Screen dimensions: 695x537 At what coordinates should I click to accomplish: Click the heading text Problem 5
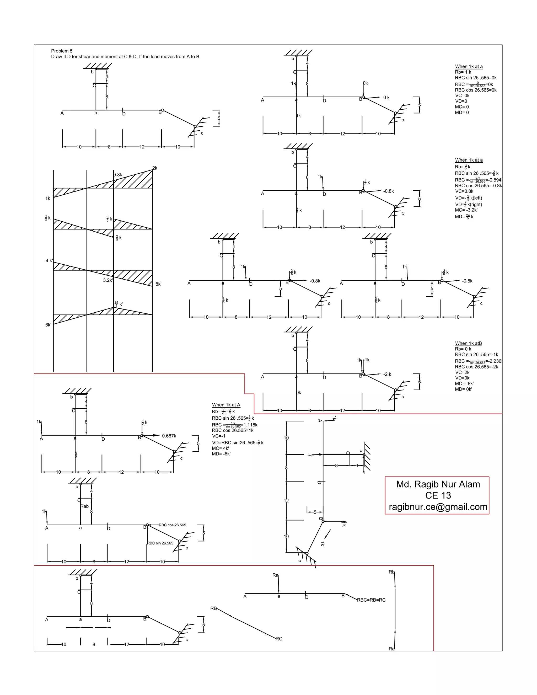[x=62, y=51]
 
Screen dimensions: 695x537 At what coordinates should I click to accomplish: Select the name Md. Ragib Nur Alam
[x=438, y=484]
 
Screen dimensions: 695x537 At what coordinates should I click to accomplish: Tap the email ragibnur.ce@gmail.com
[x=438, y=507]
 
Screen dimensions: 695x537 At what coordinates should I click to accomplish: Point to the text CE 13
[x=438, y=495]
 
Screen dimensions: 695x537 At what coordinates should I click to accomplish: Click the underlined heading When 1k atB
[x=468, y=343]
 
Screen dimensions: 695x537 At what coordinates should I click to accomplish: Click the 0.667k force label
[x=169, y=436]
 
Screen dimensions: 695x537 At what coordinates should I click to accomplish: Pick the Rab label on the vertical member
[x=85, y=506]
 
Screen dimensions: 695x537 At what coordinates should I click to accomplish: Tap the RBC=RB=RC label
[x=371, y=600]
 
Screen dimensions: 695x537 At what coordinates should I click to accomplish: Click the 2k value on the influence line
[x=155, y=168]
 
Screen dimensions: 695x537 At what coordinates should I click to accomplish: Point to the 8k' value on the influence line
[x=158, y=284]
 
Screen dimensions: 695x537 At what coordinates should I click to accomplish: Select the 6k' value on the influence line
[x=48, y=325]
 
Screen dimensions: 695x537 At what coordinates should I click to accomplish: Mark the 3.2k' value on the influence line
[x=108, y=280]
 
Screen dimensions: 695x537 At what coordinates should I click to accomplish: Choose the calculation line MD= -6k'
[x=221, y=454]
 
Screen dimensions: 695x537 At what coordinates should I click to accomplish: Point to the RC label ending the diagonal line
[x=279, y=639]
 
